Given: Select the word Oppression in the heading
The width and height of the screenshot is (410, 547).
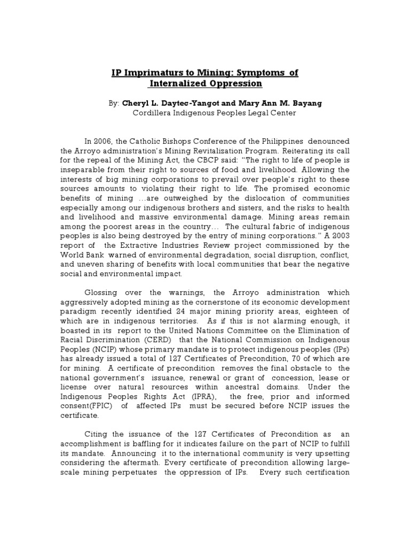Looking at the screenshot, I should [235, 83].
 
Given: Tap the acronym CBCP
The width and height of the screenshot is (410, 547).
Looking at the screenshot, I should [206, 160].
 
